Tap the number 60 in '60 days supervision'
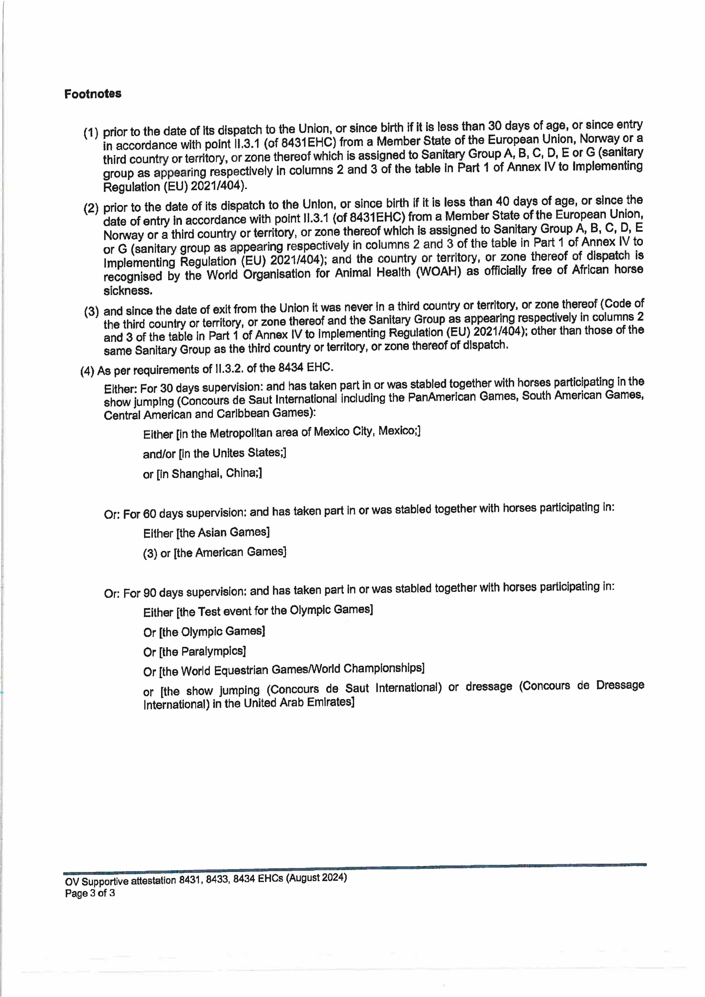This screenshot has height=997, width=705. click(x=149, y=514)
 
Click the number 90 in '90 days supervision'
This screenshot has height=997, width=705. click(x=149, y=593)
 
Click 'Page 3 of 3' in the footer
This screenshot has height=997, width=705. click(x=90, y=893)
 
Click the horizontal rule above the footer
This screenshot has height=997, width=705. click(x=354, y=867)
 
